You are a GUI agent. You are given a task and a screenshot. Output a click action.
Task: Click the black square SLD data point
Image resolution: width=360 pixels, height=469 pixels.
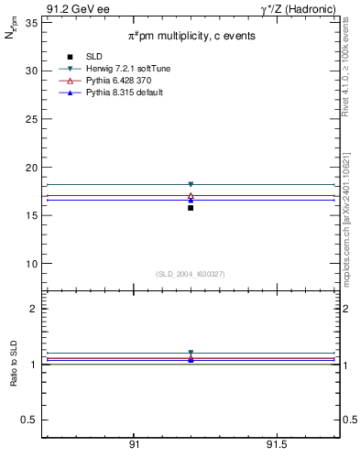point(191,208)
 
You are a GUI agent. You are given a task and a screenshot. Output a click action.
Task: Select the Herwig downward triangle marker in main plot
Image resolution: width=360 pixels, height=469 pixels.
point(191,184)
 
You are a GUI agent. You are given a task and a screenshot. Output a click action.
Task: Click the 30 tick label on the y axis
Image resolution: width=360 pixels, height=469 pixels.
point(31,71)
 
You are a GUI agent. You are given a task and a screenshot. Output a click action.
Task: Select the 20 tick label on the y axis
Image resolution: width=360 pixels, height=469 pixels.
point(31,168)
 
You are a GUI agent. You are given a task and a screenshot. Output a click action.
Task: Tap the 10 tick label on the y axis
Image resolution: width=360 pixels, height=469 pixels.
point(31,264)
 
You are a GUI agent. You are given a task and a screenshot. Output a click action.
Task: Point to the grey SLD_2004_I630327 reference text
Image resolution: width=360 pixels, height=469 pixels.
point(190,274)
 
